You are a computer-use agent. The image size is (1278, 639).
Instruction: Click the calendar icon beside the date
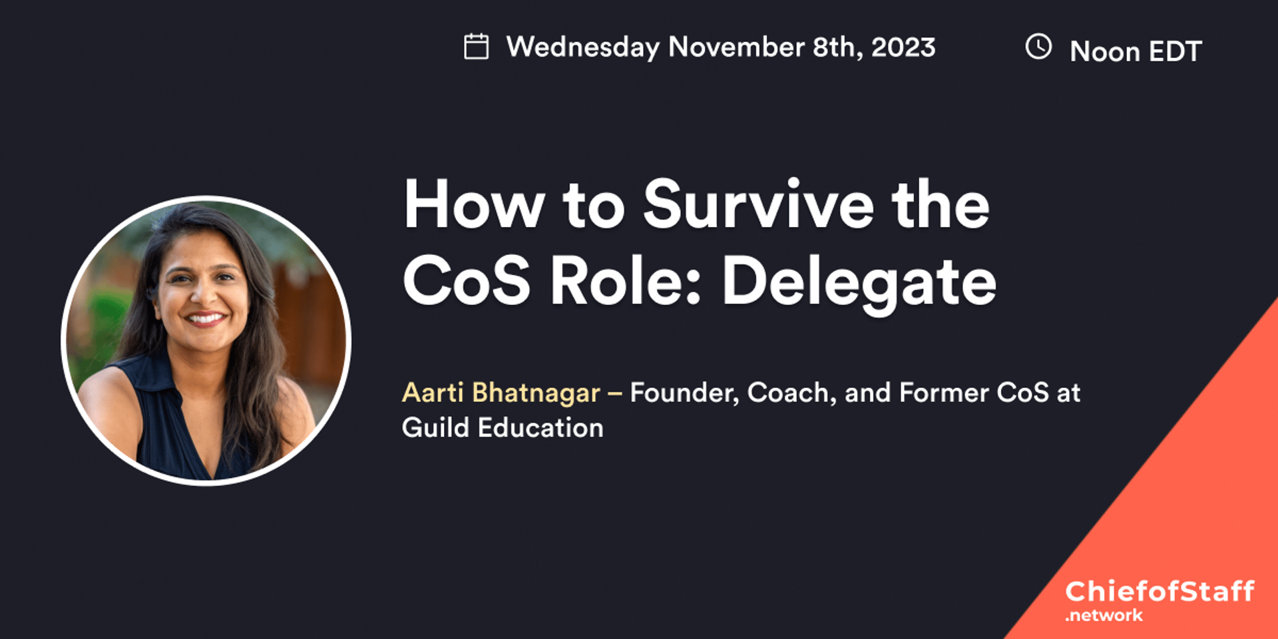point(476,47)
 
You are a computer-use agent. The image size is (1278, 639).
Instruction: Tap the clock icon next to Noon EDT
point(1038,47)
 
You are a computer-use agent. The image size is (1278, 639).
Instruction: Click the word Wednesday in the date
point(582,48)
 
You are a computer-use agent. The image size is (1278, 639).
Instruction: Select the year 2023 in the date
point(903,47)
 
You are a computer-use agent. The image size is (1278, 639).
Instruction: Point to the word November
point(736,47)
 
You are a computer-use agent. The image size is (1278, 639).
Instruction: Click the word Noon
point(1104,51)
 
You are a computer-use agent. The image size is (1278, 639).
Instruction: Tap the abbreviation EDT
point(1175,51)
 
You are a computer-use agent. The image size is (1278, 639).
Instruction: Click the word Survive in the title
point(758,205)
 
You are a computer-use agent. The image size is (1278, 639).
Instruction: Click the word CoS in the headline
point(467,281)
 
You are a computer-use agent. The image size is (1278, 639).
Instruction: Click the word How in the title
point(474,205)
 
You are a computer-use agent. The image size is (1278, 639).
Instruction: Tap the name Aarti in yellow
point(433,393)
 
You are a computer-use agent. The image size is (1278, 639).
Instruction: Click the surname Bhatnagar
point(536,393)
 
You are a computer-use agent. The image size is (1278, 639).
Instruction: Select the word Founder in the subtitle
point(684,393)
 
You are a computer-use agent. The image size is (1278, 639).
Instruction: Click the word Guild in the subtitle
point(435,428)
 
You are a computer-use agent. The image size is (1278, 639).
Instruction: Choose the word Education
point(540,428)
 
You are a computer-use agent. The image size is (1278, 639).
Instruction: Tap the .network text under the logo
point(1104,616)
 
